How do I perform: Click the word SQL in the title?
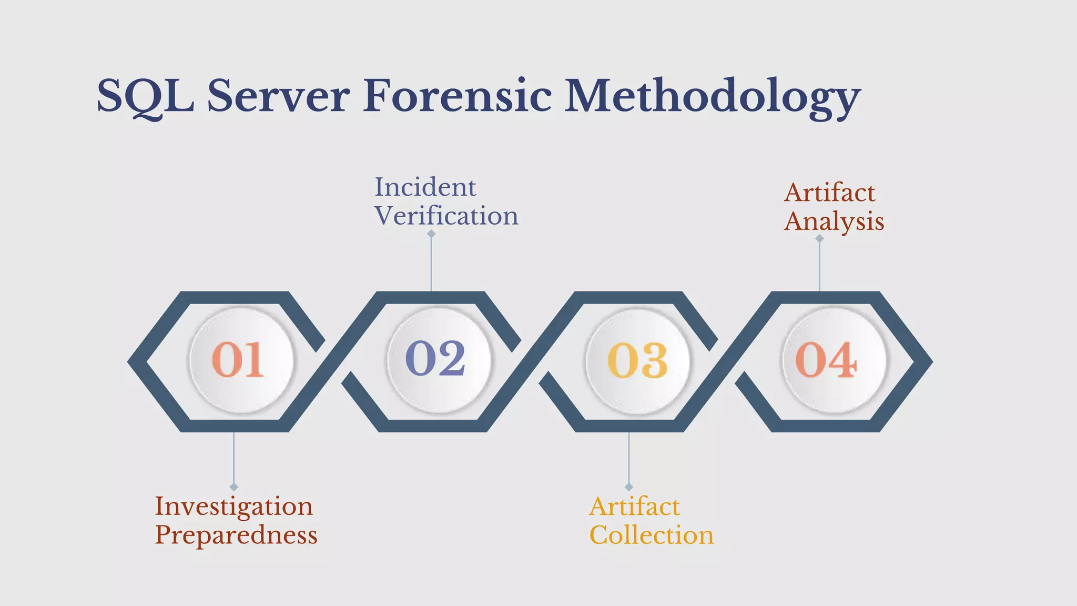[146, 96]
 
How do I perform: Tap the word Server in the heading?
[279, 96]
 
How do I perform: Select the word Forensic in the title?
[458, 96]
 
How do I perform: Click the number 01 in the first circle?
[238, 360]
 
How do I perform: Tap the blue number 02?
[435, 358]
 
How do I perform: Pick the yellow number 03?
[637, 360]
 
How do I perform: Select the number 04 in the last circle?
[826, 360]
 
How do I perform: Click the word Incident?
[425, 187]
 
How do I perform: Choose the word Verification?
[446, 216]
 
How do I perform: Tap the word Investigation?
[234, 507]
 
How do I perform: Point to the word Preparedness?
[236, 536]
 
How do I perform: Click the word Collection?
[652, 536]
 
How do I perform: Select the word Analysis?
[834, 221]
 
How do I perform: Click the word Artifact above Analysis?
[829, 193]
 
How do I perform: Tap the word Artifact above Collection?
[635, 507]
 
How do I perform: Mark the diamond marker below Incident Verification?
[431, 234]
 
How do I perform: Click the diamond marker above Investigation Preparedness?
[234, 487]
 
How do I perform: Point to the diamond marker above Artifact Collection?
[629, 487]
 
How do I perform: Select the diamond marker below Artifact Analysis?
[819, 238]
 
